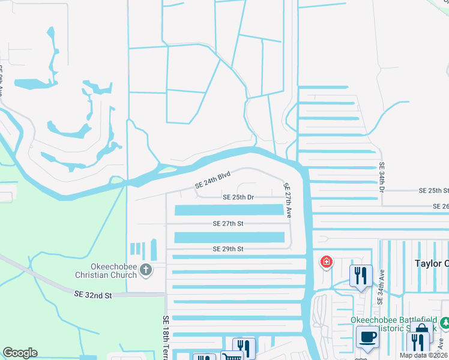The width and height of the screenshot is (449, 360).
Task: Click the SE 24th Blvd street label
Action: click(213, 181)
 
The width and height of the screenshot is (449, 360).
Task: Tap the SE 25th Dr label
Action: click(238, 197)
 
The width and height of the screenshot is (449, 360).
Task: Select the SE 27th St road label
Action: click(228, 223)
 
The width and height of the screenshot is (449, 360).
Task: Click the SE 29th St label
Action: click(228, 248)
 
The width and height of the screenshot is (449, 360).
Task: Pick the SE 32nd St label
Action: click(93, 295)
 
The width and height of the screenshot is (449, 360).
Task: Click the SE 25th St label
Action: click(434, 190)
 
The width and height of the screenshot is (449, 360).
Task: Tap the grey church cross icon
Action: click(145, 270)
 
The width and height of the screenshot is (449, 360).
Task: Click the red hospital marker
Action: click(327, 262)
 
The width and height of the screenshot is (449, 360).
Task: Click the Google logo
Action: click(20, 353)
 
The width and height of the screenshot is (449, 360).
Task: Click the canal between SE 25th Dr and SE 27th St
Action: click(229, 210)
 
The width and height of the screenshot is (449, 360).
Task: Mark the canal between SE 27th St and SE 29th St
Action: click(229, 237)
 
